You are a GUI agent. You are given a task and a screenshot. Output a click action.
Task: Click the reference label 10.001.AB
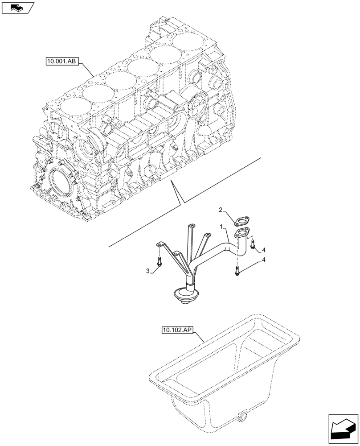61,62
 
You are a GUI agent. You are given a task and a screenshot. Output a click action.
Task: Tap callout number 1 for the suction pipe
221,227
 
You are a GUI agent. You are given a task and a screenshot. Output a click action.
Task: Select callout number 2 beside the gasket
221,210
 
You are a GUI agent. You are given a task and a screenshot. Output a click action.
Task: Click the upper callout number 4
264,249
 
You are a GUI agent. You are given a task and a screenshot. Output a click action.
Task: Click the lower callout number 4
264,260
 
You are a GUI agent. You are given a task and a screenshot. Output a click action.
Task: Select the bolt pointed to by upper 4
253,244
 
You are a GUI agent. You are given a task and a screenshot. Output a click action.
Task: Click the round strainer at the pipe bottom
184,296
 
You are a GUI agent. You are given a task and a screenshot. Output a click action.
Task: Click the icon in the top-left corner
17,7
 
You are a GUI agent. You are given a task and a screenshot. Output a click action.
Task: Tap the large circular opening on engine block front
60,183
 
